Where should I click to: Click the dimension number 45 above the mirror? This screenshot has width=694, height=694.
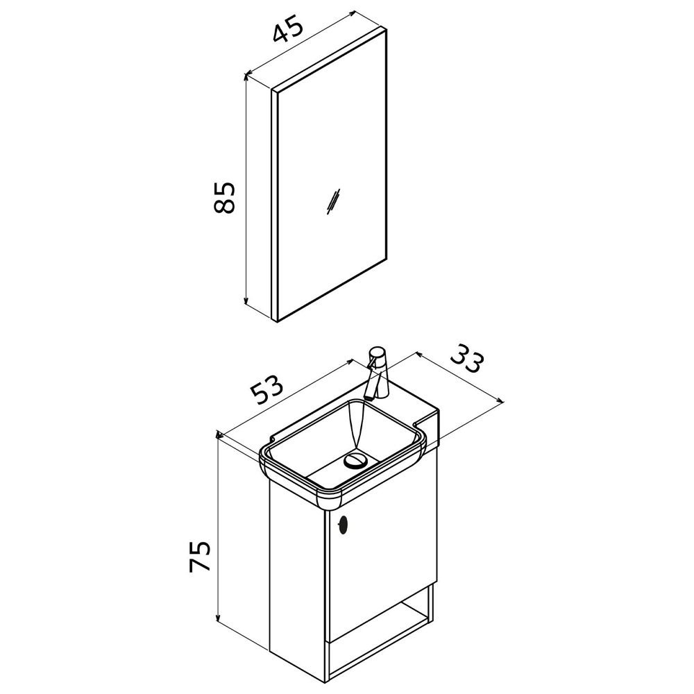click(288, 28)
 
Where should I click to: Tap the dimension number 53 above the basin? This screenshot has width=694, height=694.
click(266, 389)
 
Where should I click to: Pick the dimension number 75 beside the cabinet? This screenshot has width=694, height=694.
click(199, 556)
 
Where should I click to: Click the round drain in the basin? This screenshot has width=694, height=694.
click(355, 459)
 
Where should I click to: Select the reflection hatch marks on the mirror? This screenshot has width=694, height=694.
click(333, 201)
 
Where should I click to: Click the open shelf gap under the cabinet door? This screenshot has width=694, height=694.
click(380, 620)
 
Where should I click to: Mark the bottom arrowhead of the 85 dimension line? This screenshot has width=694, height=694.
click(246, 301)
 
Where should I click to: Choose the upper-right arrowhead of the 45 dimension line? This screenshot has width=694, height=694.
click(352, 12)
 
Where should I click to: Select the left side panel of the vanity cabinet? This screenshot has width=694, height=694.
click(299, 575)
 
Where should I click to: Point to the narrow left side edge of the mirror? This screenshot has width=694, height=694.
click(274, 206)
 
